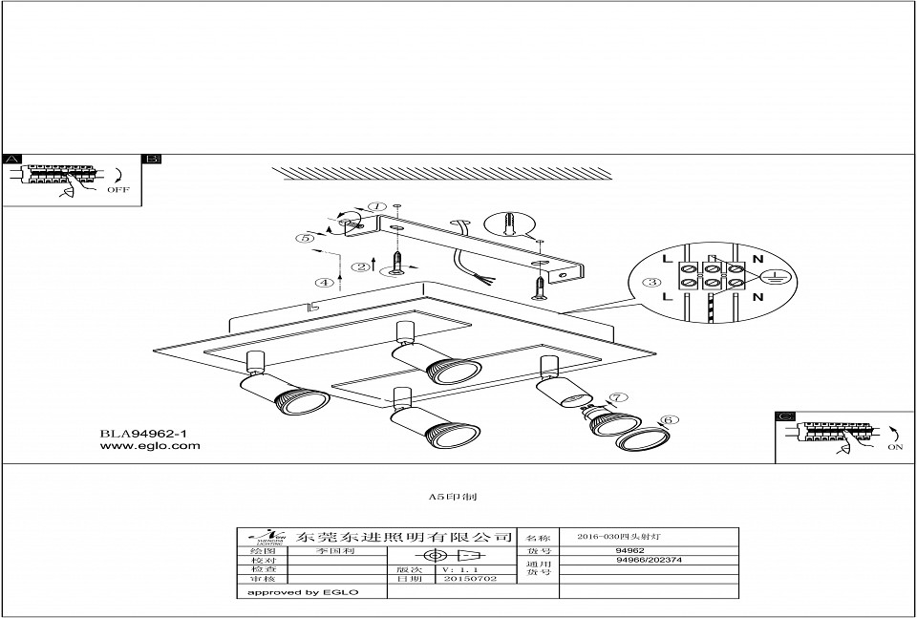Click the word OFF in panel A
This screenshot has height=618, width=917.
pyautogui.click(x=117, y=189)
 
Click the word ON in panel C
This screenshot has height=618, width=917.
pyautogui.click(x=895, y=446)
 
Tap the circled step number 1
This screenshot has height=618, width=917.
pyautogui.click(x=377, y=206)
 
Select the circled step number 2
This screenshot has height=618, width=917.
pyautogui.click(x=360, y=267)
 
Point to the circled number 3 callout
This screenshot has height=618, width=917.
pyautogui.click(x=651, y=283)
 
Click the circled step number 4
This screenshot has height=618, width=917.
pyautogui.click(x=326, y=283)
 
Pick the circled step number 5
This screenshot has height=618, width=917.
pyautogui.click(x=304, y=238)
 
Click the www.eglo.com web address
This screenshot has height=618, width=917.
pyautogui.click(x=150, y=446)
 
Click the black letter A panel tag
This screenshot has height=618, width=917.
pyautogui.click(x=12, y=159)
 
